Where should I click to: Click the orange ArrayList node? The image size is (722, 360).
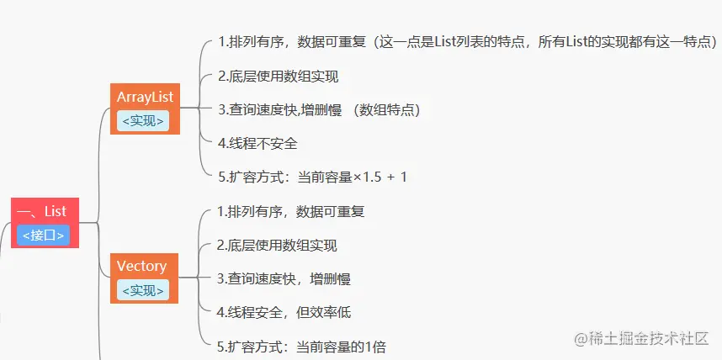click(x=145, y=108)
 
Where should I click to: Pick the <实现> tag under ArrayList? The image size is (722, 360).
click(x=143, y=121)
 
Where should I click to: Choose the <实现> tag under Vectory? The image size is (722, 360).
click(x=143, y=290)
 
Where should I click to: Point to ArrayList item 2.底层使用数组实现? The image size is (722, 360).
click(x=278, y=77)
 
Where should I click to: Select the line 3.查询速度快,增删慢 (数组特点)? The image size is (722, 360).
click(x=319, y=110)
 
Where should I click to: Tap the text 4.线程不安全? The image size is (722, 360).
click(x=257, y=144)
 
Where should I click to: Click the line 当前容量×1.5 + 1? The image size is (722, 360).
click(x=312, y=177)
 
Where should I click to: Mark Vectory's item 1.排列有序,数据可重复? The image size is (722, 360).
click(x=290, y=211)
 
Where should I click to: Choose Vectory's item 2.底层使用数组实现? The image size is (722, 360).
click(x=277, y=246)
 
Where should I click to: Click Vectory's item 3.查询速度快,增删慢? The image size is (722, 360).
click(x=283, y=279)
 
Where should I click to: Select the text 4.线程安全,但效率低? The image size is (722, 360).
click(x=284, y=312)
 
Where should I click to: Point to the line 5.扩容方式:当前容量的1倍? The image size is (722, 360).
click(x=300, y=347)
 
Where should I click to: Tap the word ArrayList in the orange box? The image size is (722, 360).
click(x=145, y=98)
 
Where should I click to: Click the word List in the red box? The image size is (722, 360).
click(x=55, y=212)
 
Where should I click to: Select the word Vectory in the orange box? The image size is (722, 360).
click(x=141, y=267)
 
